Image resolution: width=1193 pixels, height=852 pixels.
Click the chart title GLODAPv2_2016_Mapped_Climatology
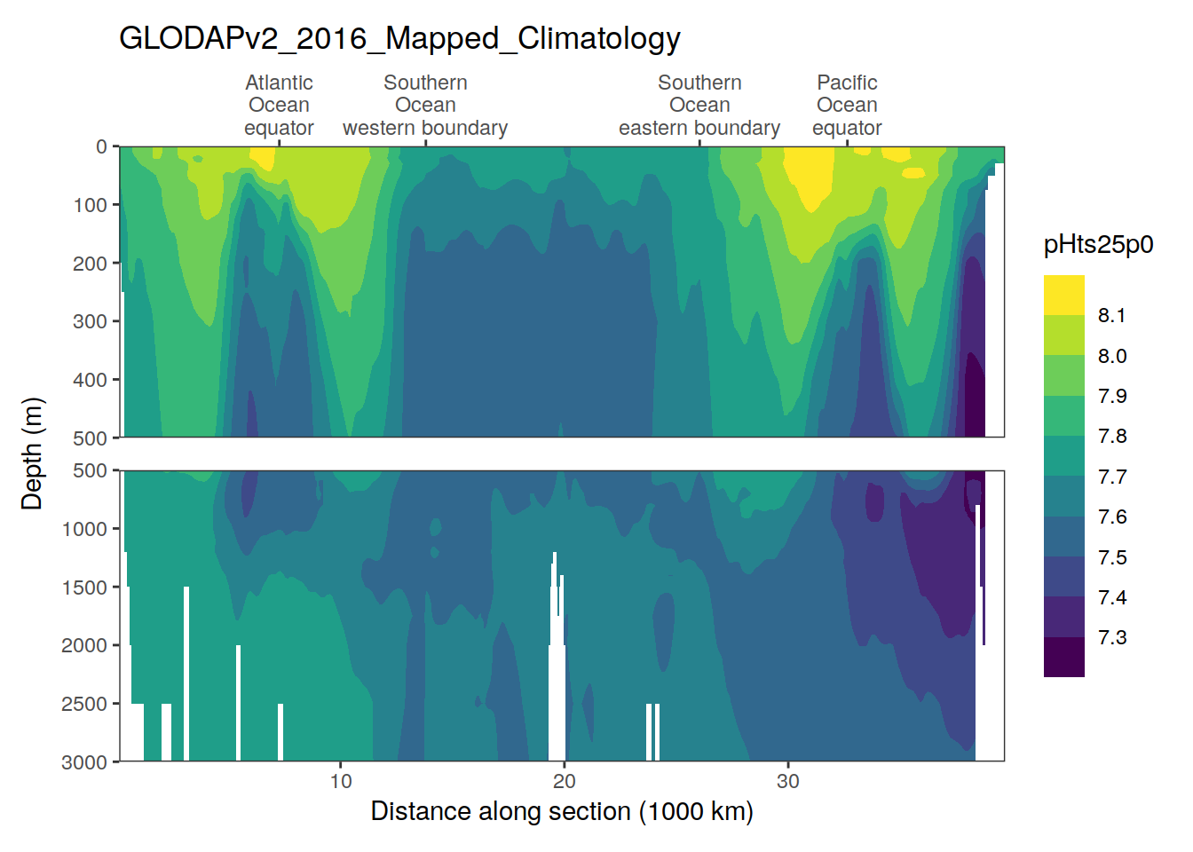pos(399,39)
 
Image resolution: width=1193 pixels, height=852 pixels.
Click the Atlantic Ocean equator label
pos(279,106)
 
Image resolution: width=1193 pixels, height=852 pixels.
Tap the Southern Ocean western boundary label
pos(425,106)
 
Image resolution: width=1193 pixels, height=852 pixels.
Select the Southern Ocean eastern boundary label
pos(699,106)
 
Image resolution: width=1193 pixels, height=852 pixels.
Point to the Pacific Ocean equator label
pos(847,106)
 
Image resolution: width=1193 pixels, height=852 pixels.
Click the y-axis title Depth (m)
pos(32,454)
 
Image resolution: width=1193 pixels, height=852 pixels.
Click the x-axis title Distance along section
pos(561,811)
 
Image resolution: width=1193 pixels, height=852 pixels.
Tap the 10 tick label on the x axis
pos(341,782)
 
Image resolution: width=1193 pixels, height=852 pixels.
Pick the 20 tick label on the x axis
pos(565,782)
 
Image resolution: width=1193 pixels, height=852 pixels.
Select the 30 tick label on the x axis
pos(788,782)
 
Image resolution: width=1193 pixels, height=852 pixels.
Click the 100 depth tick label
pos(90,205)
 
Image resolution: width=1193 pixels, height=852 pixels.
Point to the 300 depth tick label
pos(90,321)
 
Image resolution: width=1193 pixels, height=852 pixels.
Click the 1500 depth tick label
pos(84,588)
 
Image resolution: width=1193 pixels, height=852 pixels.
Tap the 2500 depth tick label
pos(84,704)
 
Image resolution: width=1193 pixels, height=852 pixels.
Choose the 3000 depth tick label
pos(84,762)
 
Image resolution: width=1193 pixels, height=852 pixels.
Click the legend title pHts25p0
pos(1098,245)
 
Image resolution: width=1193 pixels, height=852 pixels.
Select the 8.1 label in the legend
pos(1112,316)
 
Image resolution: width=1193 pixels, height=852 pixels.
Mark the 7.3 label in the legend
pos(1112,638)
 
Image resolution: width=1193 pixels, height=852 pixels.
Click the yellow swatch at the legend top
pos(1064,296)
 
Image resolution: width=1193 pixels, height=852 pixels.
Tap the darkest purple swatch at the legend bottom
pos(1064,658)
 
